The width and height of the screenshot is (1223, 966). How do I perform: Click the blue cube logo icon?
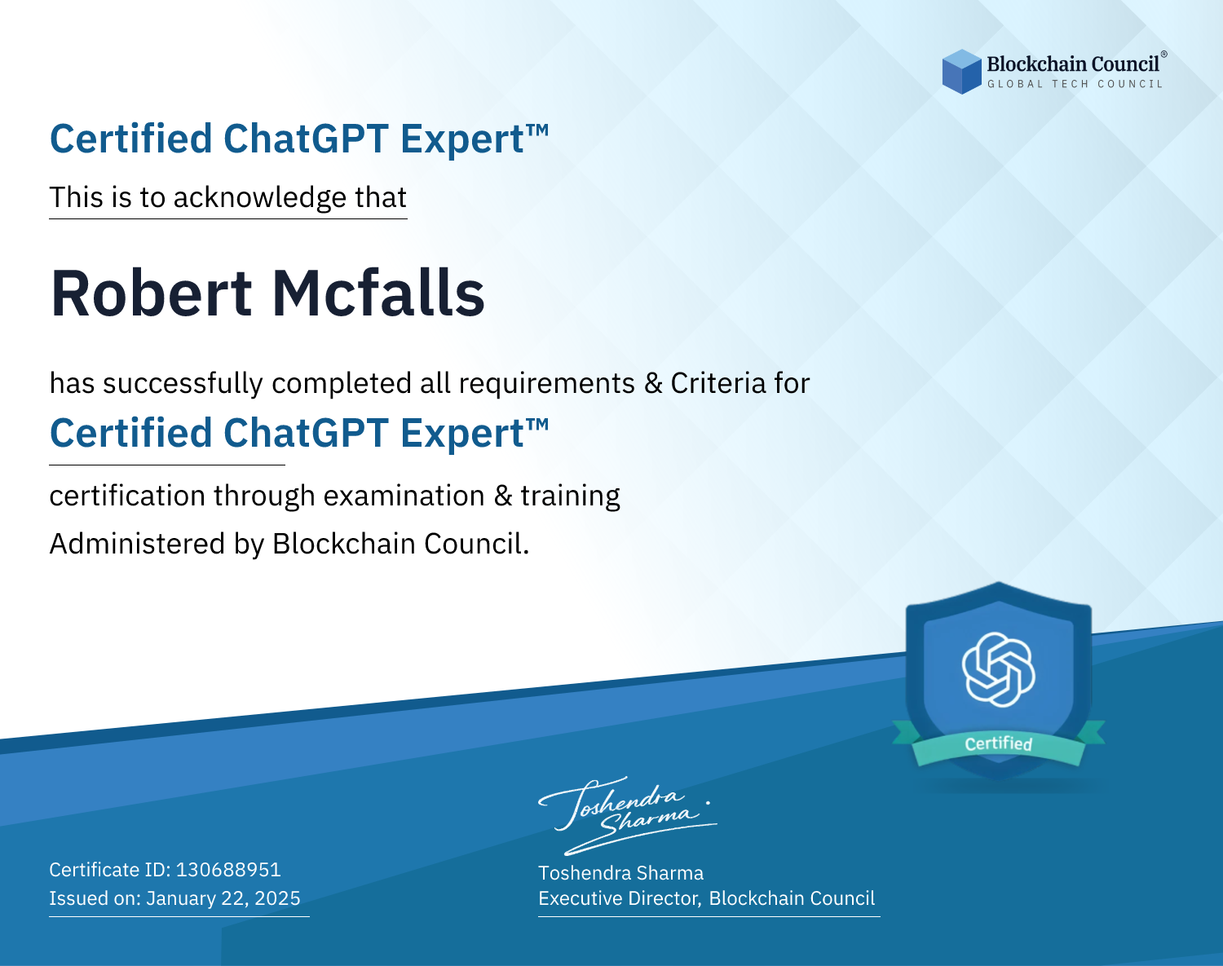(961, 72)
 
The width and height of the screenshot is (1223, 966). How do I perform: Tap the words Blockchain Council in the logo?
(1073, 64)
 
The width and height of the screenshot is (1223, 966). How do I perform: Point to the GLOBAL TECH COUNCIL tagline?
(1075, 84)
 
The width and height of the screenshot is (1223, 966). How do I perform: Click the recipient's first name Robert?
(151, 293)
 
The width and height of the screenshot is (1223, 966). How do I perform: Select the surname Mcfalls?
(378, 293)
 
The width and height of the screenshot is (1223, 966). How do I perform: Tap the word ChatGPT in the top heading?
(307, 139)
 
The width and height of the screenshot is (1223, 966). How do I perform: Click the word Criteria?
(718, 383)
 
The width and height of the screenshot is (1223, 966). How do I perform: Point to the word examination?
(404, 496)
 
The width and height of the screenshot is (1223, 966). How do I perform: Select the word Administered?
(138, 544)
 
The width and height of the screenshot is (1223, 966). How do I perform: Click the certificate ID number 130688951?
(228, 869)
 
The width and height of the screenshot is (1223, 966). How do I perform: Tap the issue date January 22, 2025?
(223, 898)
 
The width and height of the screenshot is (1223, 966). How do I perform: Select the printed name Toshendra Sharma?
(620, 873)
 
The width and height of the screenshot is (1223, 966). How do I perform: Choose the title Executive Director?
(619, 898)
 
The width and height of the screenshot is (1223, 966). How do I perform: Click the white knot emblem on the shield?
(999, 669)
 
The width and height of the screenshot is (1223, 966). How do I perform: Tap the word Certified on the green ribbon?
(999, 743)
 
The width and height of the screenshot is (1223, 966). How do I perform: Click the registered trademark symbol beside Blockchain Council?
(1164, 54)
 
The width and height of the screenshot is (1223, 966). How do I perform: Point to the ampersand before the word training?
(503, 496)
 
